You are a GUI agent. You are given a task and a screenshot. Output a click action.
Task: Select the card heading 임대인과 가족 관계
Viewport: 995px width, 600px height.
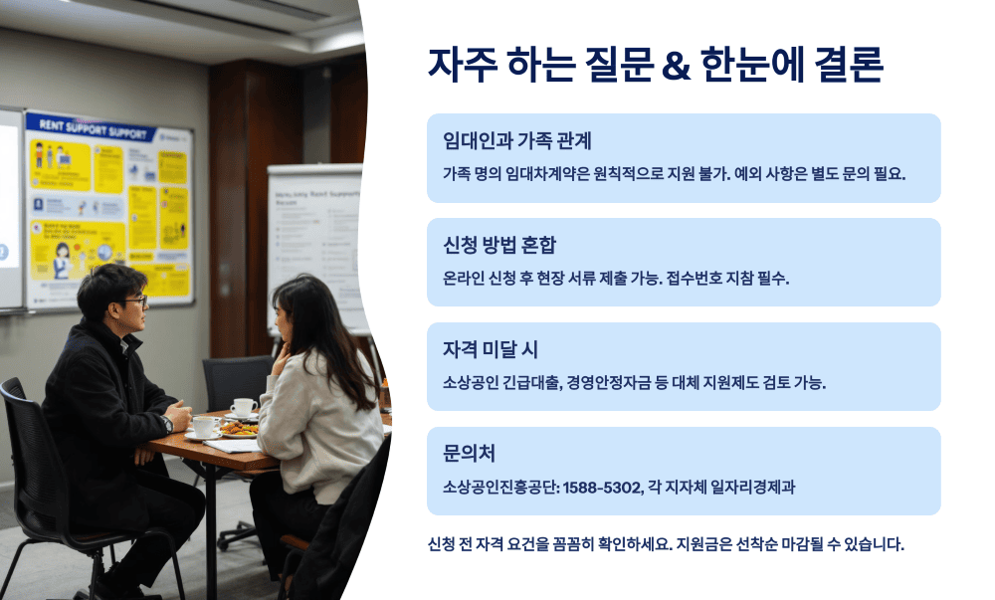[517, 140]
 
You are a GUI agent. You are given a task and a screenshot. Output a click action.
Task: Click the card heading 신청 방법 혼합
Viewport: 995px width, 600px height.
[500, 245]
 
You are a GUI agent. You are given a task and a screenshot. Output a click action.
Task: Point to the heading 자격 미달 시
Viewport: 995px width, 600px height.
[491, 349]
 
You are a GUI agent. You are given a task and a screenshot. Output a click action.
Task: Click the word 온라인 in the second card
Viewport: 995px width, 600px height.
[463, 278]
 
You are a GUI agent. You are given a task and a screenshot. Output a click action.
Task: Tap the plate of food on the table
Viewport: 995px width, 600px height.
[238, 428]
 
